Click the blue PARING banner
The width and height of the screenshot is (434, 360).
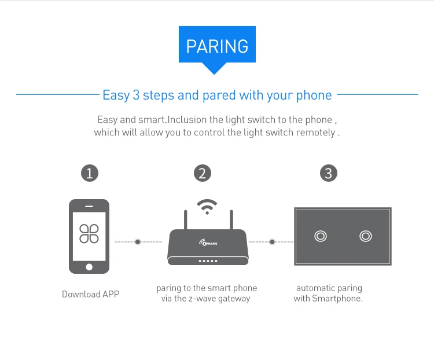217,46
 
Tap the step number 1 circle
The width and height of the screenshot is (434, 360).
89,173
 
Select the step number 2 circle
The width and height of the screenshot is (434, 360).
202,173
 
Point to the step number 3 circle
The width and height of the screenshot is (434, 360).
328,173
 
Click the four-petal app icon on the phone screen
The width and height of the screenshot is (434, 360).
89,233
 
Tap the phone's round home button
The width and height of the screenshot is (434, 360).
89,267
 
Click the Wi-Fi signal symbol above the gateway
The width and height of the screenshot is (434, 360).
207,206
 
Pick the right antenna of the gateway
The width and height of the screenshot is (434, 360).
231,220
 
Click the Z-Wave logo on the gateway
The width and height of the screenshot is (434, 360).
207,244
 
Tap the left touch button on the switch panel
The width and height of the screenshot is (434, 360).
320,236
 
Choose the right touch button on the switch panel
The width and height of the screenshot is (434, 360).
365,236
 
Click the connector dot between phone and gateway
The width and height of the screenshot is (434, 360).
138,241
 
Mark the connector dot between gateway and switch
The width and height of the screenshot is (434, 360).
272,241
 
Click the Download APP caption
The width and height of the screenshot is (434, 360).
91,294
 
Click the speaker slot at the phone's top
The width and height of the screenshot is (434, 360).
89,206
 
